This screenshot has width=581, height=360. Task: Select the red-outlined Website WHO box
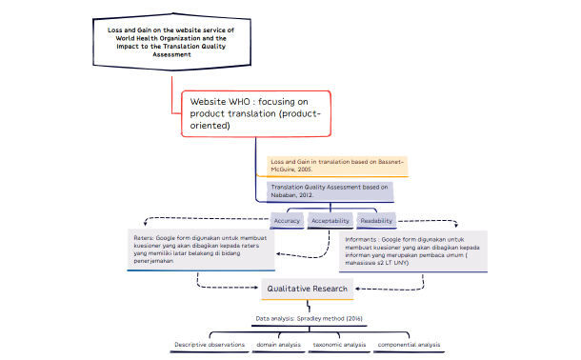255,112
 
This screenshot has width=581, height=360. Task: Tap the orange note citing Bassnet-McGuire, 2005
336,166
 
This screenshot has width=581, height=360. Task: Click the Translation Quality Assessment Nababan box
330,190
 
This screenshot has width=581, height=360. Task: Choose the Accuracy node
287,220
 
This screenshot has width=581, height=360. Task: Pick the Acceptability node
331,220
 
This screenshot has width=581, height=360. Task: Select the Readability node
376,220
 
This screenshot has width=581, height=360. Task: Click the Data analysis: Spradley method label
308,317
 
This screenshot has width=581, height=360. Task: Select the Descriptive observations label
210,344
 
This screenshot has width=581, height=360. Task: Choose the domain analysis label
278,344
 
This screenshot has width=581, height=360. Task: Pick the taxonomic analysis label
339,344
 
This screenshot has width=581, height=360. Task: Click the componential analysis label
409,344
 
